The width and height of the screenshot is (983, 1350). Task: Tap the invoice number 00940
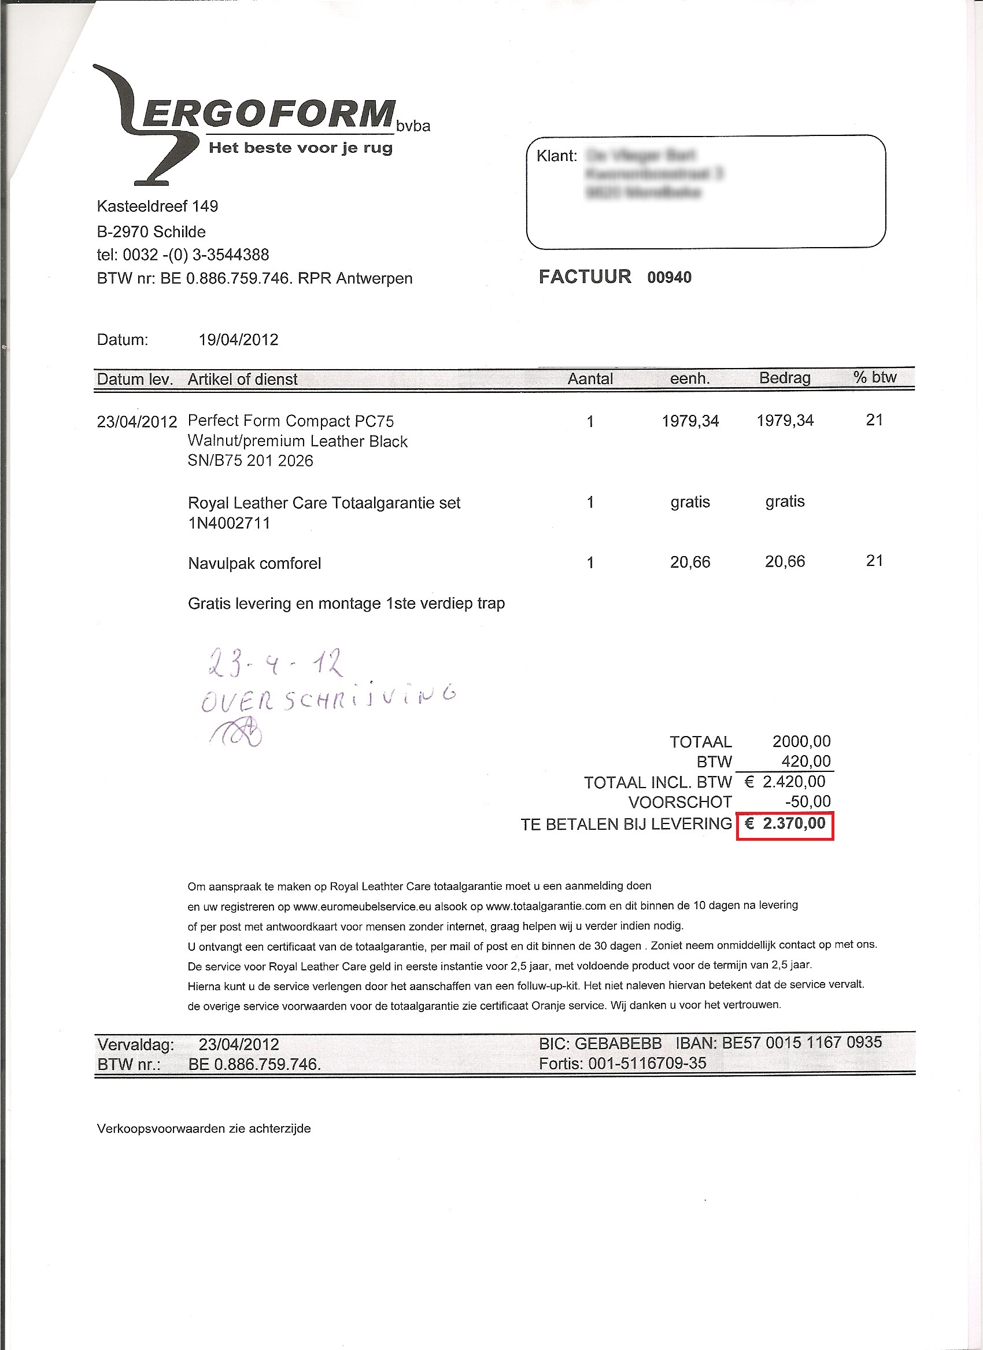pyautogui.click(x=669, y=278)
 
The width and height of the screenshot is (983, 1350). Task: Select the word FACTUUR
pyautogui.click(x=585, y=277)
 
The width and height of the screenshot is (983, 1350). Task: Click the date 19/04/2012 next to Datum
pyautogui.click(x=238, y=340)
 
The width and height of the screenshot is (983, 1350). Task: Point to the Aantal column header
pyautogui.click(x=590, y=379)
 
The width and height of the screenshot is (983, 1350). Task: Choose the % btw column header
pyautogui.click(x=874, y=377)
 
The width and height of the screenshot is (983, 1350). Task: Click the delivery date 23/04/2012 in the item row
pyautogui.click(x=137, y=422)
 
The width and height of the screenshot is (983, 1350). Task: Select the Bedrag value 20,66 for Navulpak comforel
pyautogui.click(x=784, y=561)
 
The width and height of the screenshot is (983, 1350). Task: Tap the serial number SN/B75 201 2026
pyautogui.click(x=250, y=461)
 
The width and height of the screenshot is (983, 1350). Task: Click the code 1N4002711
pyautogui.click(x=229, y=523)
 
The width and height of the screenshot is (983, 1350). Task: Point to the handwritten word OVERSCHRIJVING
pyautogui.click(x=328, y=697)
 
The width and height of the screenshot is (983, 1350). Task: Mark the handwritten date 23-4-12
pyautogui.click(x=275, y=663)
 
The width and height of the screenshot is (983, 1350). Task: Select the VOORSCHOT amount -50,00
pyautogui.click(x=807, y=801)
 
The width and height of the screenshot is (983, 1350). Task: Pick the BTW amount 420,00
pyautogui.click(x=805, y=761)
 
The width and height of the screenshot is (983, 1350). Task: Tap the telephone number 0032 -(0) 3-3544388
pyautogui.click(x=196, y=255)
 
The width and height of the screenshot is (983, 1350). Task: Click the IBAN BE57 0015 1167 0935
pyautogui.click(x=801, y=1043)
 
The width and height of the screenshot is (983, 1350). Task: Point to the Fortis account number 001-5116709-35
pyautogui.click(x=647, y=1064)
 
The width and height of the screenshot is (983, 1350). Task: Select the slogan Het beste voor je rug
pyautogui.click(x=301, y=148)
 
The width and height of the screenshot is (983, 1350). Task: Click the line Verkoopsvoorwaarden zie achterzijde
pyautogui.click(x=204, y=1128)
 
